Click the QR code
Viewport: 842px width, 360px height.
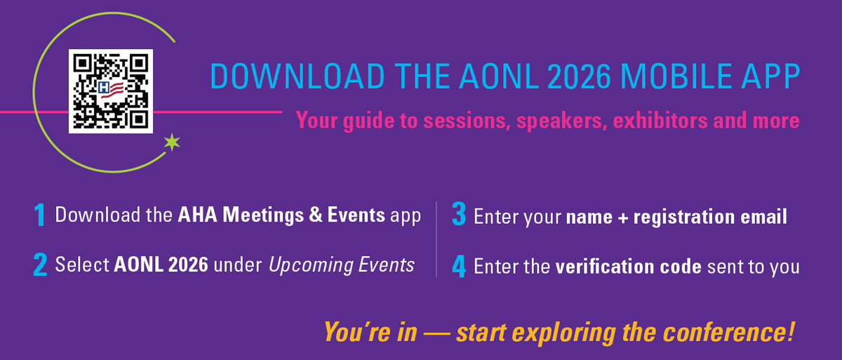coord(111,91)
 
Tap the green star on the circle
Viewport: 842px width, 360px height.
coord(171,142)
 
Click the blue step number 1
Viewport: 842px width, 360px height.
coord(41,215)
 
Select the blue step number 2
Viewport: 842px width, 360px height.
coord(40,265)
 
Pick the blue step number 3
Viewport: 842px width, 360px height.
coord(459,215)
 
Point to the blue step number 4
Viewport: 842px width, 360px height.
coord(459,266)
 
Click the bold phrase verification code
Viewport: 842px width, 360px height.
coord(629,267)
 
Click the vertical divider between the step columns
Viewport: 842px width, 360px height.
coord(436,239)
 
